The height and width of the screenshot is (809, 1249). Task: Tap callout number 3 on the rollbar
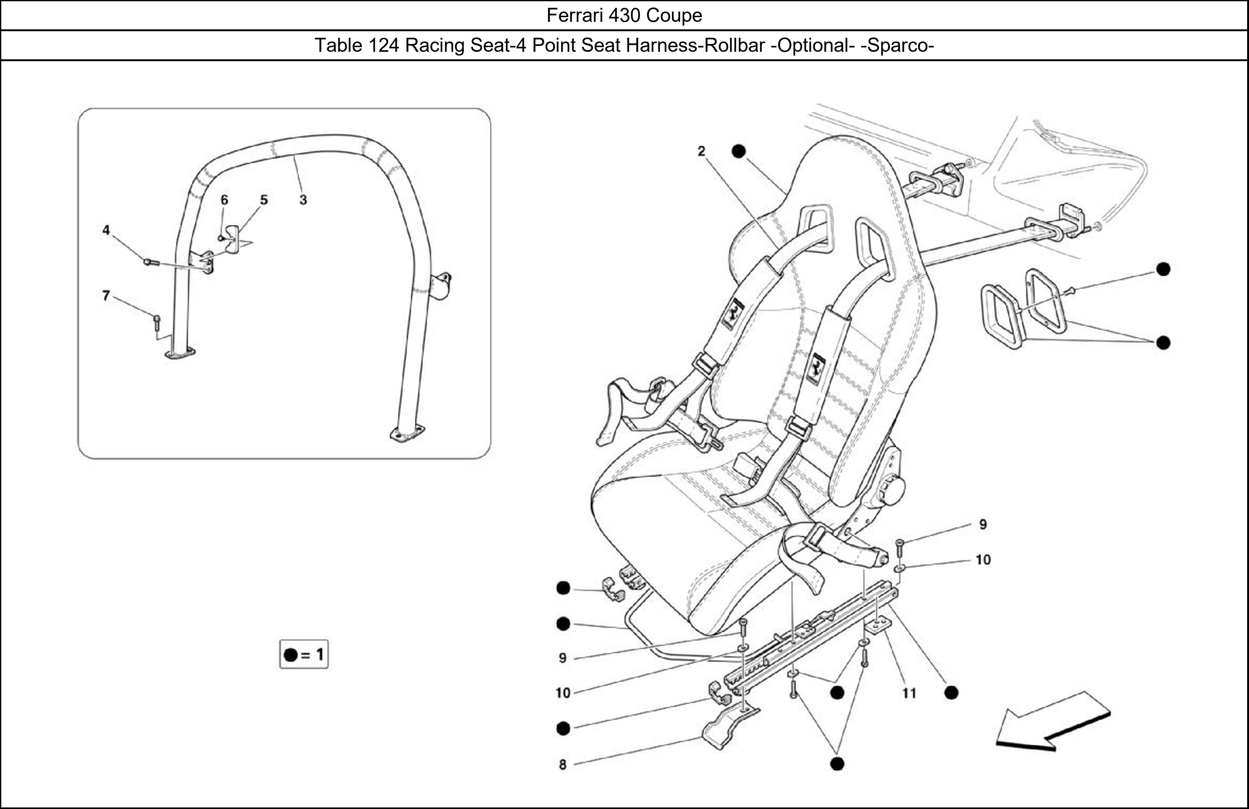303,200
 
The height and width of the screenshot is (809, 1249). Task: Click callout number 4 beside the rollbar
106,230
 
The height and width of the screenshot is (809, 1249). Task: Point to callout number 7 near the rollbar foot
106,296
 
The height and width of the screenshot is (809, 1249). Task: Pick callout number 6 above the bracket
224,200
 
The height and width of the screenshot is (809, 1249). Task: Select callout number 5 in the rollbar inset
264,200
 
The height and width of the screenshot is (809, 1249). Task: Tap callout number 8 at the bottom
563,764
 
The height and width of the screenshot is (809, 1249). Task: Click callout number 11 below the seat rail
909,693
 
